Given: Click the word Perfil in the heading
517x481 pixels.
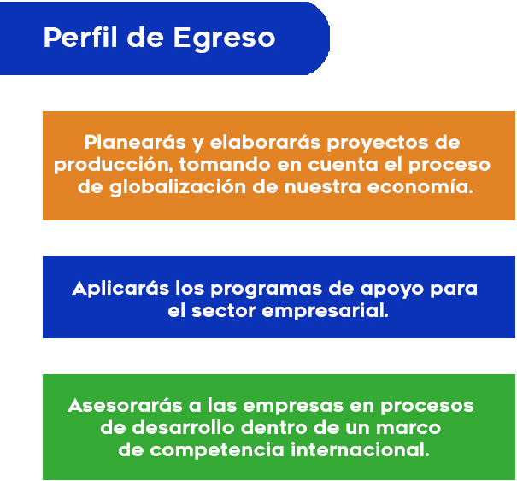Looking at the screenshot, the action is pyautogui.click(x=80, y=38).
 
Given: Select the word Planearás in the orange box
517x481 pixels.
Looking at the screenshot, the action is pyautogui.click(x=135, y=142).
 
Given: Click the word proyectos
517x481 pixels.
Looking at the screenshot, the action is pyautogui.click(x=378, y=144).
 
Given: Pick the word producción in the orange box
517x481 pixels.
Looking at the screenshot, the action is pyautogui.click(x=114, y=164).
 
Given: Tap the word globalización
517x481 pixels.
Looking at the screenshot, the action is pyautogui.click(x=178, y=187).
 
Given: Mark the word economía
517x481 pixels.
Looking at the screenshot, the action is pyautogui.click(x=420, y=186).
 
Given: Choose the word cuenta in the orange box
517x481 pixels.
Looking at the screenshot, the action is pyautogui.click(x=343, y=165).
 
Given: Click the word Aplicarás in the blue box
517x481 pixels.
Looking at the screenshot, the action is pyautogui.click(x=120, y=289).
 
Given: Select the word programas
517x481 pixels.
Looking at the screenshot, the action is pyautogui.click(x=267, y=290).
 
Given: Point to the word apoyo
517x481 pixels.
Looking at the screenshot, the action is pyautogui.click(x=392, y=290).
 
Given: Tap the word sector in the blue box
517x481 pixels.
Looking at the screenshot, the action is pyautogui.click(x=224, y=311).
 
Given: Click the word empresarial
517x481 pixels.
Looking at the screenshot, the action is pyautogui.click(x=325, y=311).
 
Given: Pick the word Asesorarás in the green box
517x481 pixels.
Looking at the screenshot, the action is pyautogui.click(x=125, y=405).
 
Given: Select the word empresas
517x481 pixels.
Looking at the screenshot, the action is pyautogui.click(x=293, y=407).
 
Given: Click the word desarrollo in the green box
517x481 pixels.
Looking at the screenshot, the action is pyautogui.click(x=183, y=427).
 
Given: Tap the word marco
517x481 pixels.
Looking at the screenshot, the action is pyautogui.click(x=408, y=428).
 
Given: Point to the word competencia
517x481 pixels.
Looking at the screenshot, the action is pyautogui.click(x=217, y=450).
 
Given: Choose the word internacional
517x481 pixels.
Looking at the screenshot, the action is pyautogui.click(x=360, y=449).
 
